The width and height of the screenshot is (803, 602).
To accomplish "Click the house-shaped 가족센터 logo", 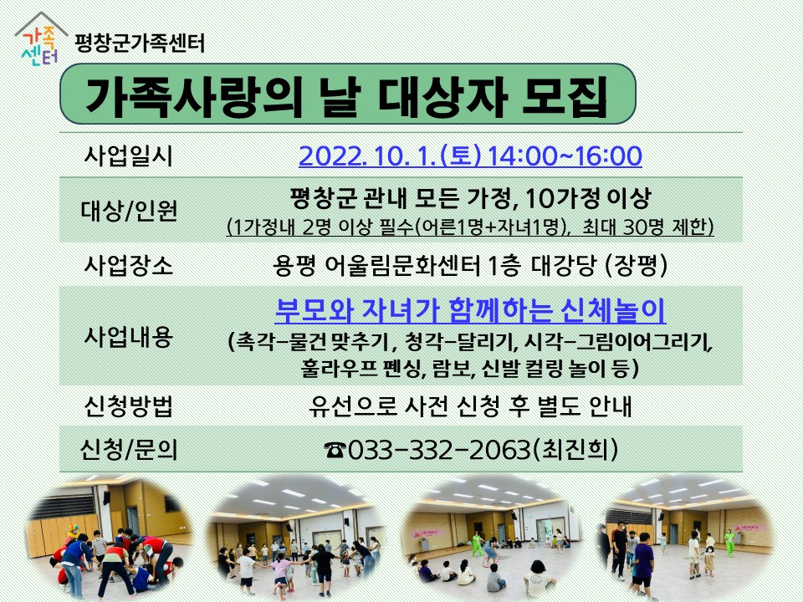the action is (x=40, y=40).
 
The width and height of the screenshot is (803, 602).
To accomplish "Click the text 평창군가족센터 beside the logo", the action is (x=140, y=43).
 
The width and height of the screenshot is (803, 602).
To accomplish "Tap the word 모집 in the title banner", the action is (x=564, y=95).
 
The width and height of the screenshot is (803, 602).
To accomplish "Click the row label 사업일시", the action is (x=128, y=156).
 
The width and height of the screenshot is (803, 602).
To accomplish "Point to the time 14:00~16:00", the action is (x=565, y=156).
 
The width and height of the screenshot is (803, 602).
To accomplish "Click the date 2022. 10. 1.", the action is (x=366, y=156).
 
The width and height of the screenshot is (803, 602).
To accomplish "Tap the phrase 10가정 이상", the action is (x=588, y=198).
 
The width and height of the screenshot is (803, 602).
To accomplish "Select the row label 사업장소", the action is (x=128, y=265).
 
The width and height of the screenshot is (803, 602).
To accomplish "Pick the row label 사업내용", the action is (x=128, y=336).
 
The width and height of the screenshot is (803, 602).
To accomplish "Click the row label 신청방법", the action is (x=128, y=406).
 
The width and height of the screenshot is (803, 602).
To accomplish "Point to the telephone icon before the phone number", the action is (x=335, y=450).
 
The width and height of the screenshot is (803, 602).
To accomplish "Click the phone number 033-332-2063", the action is (x=439, y=450).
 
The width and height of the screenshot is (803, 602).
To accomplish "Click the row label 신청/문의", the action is (x=129, y=450).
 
